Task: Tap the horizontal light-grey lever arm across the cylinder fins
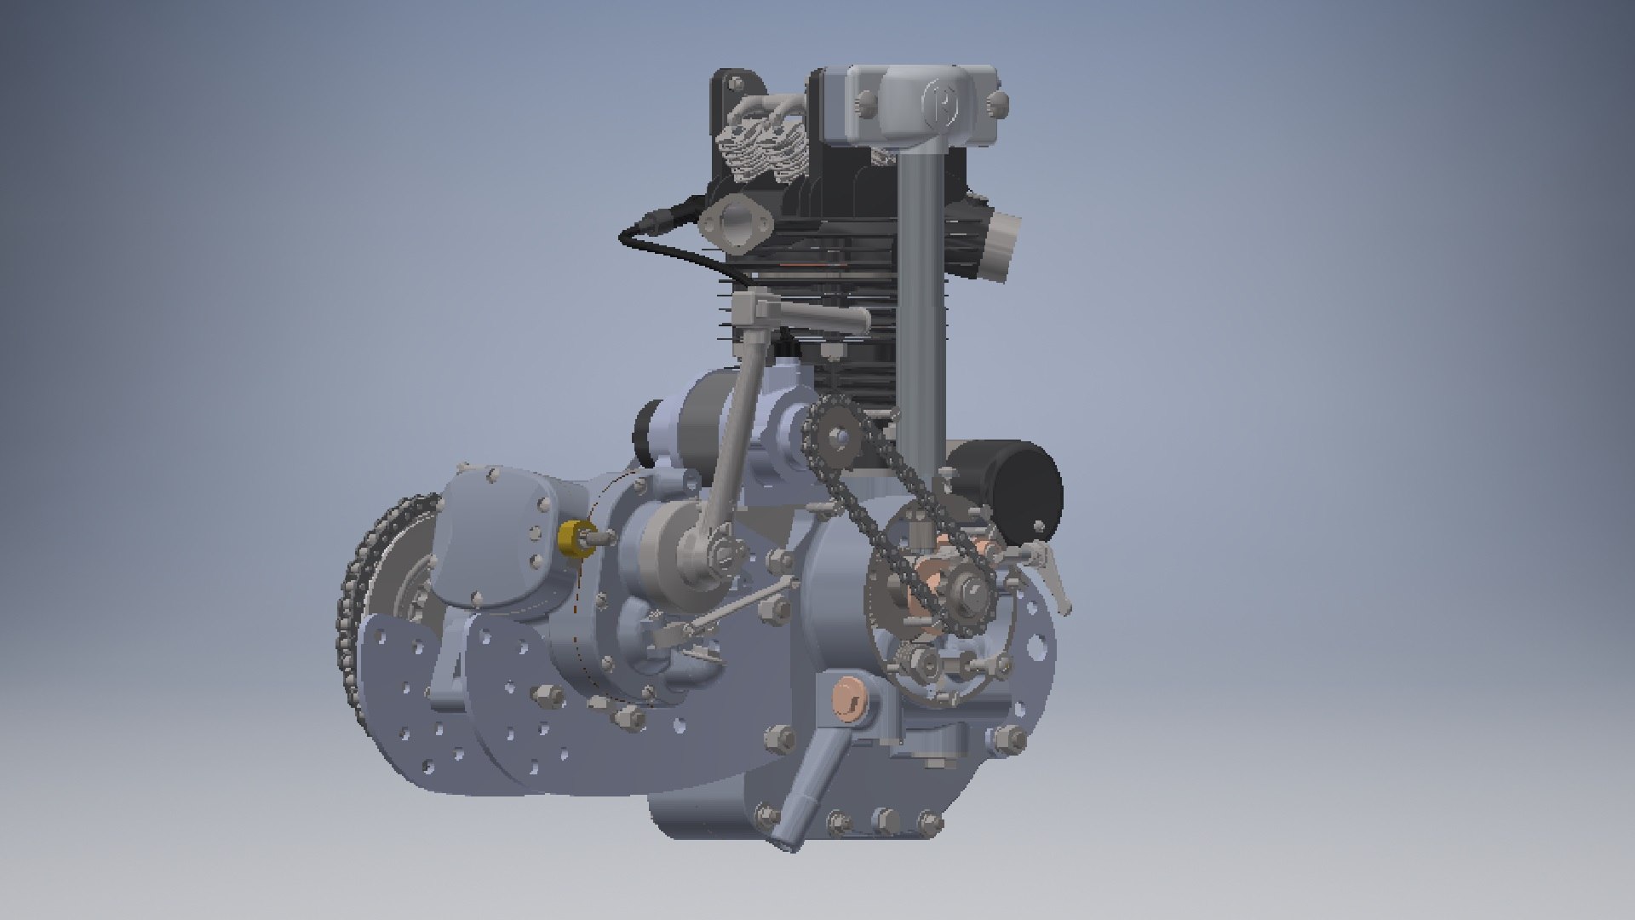tap(809, 315)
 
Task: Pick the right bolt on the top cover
tap(998, 104)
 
